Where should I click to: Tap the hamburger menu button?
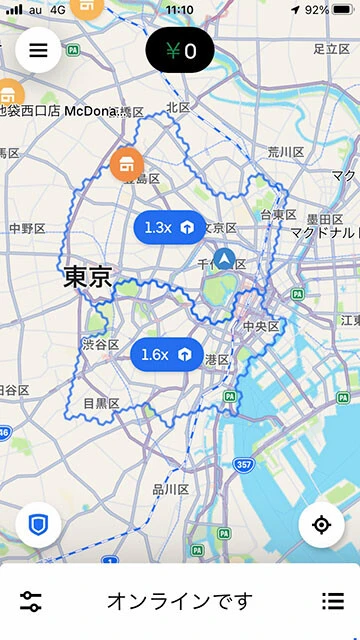click(x=38, y=51)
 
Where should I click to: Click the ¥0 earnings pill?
click(x=180, y=50)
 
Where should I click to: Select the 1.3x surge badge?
click(x=170, y=228)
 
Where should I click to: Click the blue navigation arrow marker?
click(x=225, y=260)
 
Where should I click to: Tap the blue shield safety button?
click(x=38, y=524)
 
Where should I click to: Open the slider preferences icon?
click(x=31, y=601)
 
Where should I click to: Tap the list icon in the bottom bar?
click(x=333, y=601)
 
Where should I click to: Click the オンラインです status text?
click(x=180, y=601)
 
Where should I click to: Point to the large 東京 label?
click(x=87, y=277)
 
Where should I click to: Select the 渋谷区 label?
click(x=101, y=345)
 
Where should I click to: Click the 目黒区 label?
click(x=102, y=404)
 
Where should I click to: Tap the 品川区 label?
click(x=170, y=489)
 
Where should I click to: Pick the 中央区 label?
click(x=261, y=327)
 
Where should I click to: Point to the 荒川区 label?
click(x=285, y=152)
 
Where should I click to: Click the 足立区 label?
click(x=330, y=48)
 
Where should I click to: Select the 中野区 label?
click(x=27, y=228)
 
